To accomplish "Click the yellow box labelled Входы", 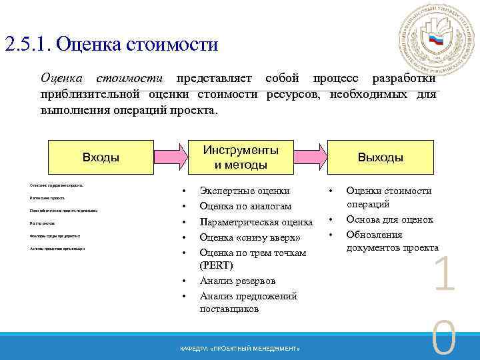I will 100,157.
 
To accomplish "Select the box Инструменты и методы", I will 241,157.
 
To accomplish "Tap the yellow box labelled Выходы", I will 381,157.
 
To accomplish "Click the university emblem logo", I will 435,40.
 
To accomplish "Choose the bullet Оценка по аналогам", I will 245,207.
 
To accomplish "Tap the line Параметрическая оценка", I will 256,223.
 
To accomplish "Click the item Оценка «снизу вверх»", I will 250,238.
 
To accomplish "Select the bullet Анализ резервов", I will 237,281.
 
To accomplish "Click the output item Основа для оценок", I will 389,219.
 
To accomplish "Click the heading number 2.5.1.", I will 27,45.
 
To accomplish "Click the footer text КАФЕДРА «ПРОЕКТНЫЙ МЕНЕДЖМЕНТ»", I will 240,349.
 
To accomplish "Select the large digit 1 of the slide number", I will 445,277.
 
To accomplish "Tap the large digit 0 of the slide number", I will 445,340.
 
